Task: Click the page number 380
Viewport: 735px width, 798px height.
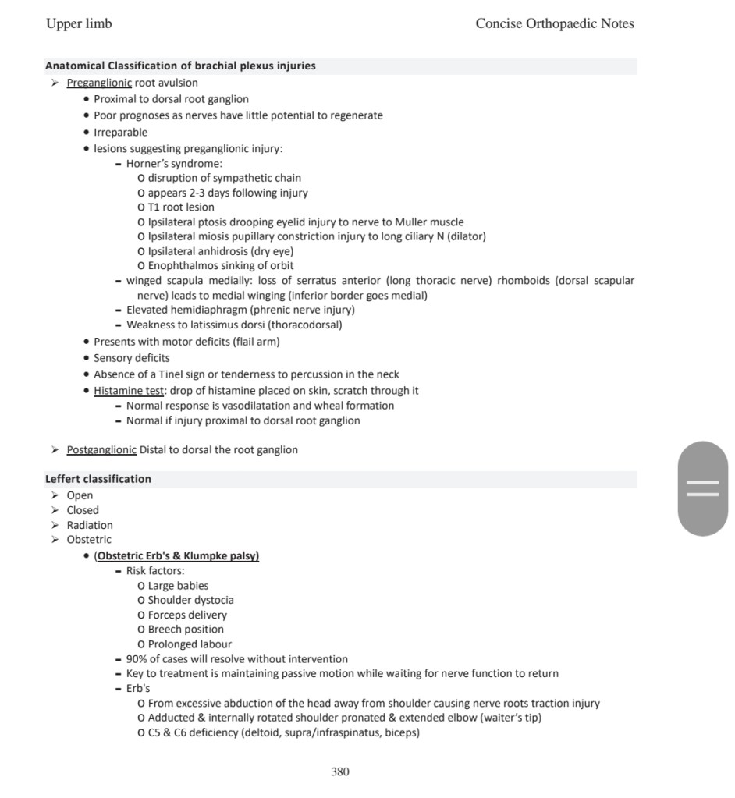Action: [x=340, y=771]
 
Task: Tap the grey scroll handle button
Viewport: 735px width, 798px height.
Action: [x=702, y=488]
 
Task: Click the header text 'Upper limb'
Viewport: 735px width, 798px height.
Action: [x=79, y=23]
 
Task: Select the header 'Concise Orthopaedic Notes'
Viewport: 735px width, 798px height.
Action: [x=554, y=23]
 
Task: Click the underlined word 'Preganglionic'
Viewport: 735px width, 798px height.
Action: [x=99, y=83]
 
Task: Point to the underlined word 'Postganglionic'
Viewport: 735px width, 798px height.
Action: [x=101, y=450]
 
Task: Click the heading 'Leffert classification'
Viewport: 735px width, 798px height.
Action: [x=98, y=479]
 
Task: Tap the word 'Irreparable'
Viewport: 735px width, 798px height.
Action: [x=120, y=132]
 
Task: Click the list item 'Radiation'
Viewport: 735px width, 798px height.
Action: [x=90, y=525]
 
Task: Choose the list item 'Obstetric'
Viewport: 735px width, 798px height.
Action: [x=89, y=539]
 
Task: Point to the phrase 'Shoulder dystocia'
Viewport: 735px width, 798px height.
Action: [x=190, y=600]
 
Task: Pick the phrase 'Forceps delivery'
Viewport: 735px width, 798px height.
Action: [x=187, y=615]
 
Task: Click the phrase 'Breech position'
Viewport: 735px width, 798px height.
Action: [x=186, y=630]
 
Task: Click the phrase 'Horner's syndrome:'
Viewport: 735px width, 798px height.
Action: [x=174, y=164]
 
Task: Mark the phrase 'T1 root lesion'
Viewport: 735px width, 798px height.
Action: [x=181, y=207]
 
